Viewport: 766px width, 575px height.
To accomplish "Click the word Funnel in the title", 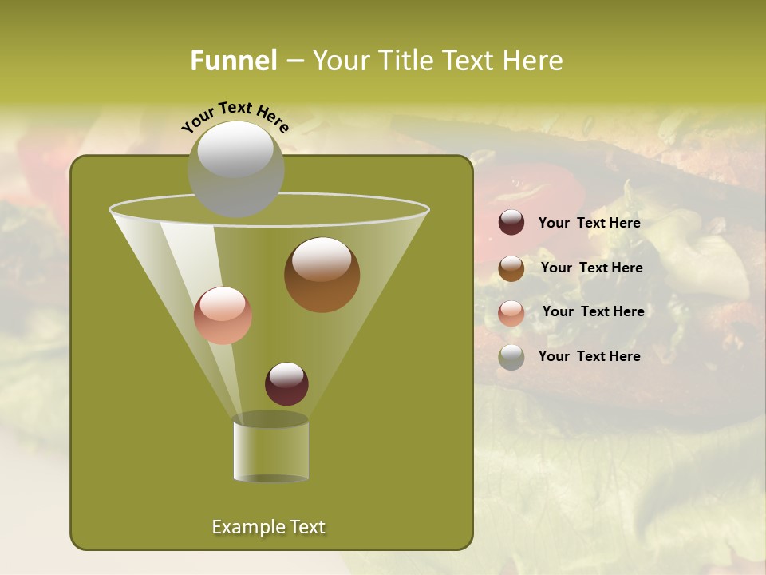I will coord(233,61).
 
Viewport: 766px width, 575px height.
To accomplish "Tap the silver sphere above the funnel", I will coord(235,169).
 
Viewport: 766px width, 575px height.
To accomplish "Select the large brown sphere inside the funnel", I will coord(322,275).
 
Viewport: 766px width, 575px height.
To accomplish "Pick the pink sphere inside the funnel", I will coord(223,315).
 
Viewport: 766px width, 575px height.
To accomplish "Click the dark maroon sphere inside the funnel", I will coord(286,383).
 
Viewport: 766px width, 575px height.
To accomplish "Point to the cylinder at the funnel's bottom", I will coord(270,450).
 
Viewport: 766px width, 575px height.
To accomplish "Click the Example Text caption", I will coord(268,527).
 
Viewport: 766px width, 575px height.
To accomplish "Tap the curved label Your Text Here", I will coord(235,117).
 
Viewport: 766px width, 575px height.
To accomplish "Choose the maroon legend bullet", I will coord(511,223).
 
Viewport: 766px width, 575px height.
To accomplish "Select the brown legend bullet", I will coord(511,268).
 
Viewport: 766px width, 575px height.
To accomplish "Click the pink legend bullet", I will coord(511,313).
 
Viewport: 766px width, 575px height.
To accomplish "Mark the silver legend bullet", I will coord(511,357).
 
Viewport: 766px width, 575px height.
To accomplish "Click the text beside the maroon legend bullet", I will coord(589,224).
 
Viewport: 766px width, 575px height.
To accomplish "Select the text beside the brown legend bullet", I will coord(591,268).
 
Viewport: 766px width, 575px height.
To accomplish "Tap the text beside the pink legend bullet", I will coord(593,311).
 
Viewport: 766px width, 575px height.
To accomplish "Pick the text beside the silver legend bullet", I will coord(589,356).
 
